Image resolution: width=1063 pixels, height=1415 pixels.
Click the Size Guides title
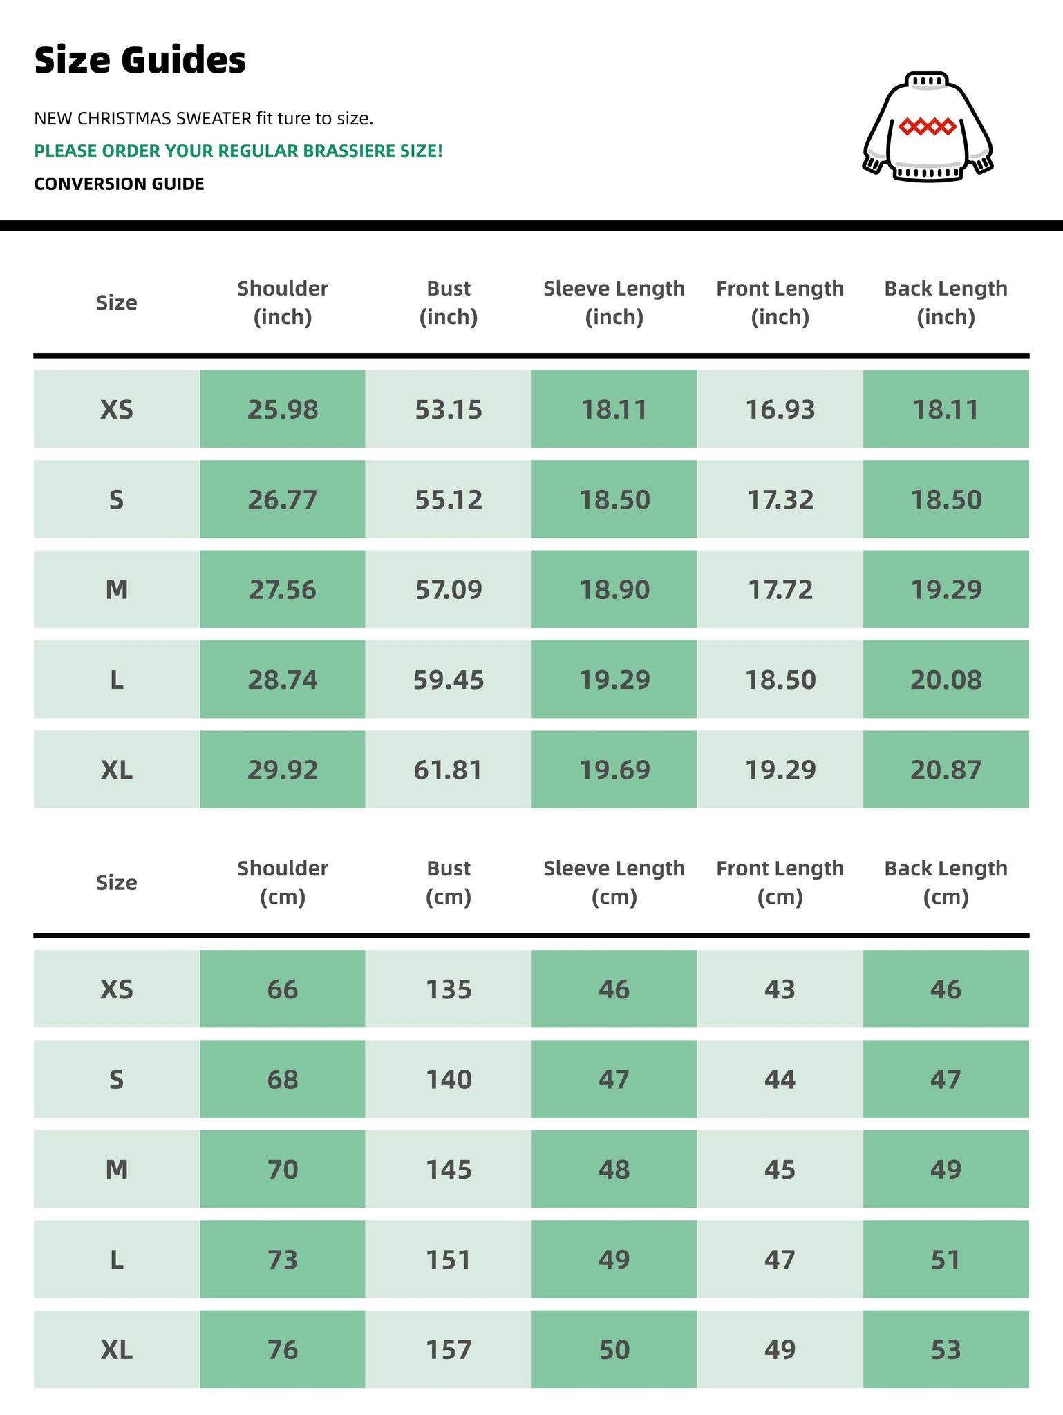coord(140,60)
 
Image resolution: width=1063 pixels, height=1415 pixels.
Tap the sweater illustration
coord(927,127)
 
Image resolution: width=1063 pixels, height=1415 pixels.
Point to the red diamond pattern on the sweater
coord(927,126)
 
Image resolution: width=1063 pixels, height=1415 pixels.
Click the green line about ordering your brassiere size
coord(238,151)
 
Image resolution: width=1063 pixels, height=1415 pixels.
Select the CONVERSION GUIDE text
coord(119,184)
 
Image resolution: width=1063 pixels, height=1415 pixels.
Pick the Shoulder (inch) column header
coord(282,303)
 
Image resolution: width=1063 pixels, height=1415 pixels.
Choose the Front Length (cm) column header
coord(780,882)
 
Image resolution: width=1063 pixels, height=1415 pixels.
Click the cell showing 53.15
coord(448,410)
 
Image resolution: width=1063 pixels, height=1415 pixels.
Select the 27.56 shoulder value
coord(282,590)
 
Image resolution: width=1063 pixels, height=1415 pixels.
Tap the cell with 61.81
coord(448,770)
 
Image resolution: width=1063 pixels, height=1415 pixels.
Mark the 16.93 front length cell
coord(780,410)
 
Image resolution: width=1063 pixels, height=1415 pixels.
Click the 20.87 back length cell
coord(946,770)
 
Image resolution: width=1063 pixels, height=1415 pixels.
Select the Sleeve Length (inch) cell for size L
coord(614,680)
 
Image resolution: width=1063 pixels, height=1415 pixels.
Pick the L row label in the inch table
coord(116,680)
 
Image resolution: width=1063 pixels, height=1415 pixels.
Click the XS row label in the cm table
coord(116,989)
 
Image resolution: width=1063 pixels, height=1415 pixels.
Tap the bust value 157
coord(448,1349)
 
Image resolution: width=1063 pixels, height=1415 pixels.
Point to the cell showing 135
coord(448,989)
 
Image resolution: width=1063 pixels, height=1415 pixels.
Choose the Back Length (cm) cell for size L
coord(946,1260)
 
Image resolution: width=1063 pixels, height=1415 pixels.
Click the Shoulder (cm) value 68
coord(282,1079)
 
